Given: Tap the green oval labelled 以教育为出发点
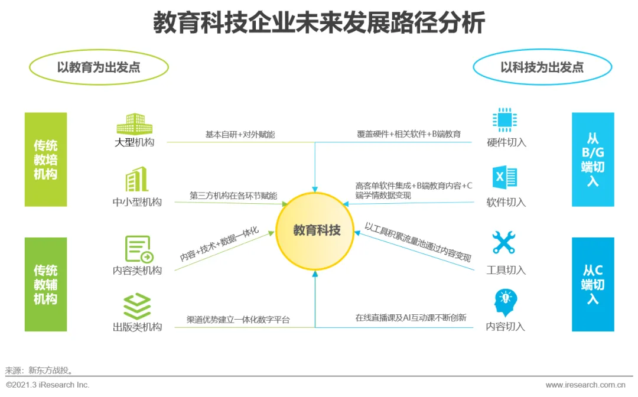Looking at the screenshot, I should (x=99, y=67).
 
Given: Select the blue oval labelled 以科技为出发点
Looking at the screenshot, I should (x=542, y=67).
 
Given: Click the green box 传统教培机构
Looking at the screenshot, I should (x=46, y=160).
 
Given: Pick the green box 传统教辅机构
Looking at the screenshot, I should (x=46, y=284).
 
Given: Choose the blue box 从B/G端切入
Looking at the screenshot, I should (x=593, y=160).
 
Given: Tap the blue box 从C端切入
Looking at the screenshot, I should (x=593, y=284).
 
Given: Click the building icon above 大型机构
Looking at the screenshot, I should (x=134, y=123).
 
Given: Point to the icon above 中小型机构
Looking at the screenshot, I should (x=136, y=180).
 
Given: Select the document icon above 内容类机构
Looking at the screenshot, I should (x=138, y=249).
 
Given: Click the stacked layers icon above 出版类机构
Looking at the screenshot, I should (x=137, y=306).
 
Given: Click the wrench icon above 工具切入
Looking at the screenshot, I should (x=504, y=243).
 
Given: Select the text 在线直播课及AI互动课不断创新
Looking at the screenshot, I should (x=411, y=318).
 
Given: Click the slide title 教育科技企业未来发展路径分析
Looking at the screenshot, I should (x=319, y=24).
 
